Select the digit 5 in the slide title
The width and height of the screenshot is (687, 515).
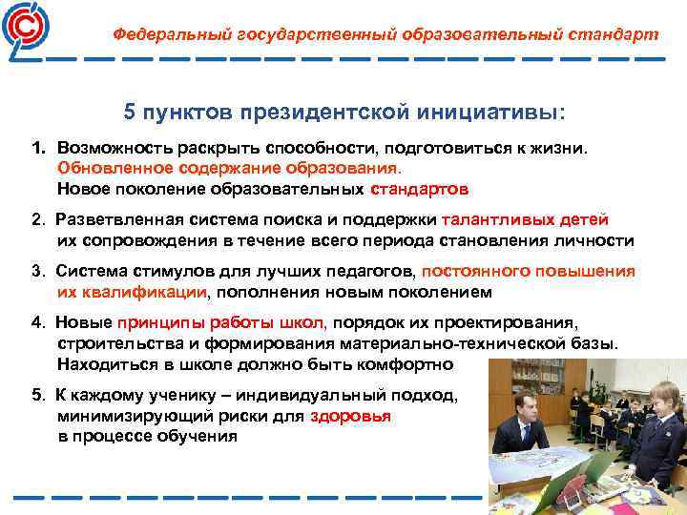pos(131,113)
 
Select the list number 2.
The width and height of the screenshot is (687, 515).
pos(36,219)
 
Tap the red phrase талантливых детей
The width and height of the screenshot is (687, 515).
pos(525,219)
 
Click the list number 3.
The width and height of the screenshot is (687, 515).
pos(36,271)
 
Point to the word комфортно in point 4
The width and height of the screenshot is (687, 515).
pos(410,363)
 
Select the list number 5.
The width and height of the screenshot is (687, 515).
pos(36,395)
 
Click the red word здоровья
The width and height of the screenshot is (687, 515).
pos(350,416)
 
